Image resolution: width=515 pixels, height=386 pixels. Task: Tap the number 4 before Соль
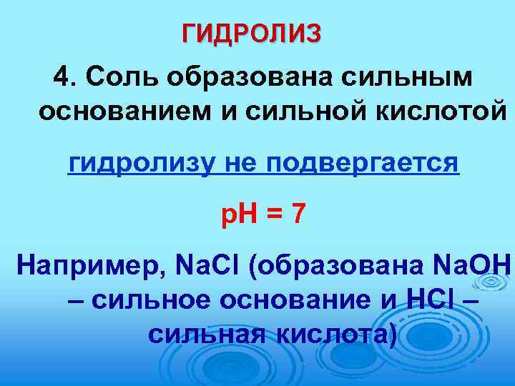click(x=64, y=76)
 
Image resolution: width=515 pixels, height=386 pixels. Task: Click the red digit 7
click(x=297, y=212)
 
